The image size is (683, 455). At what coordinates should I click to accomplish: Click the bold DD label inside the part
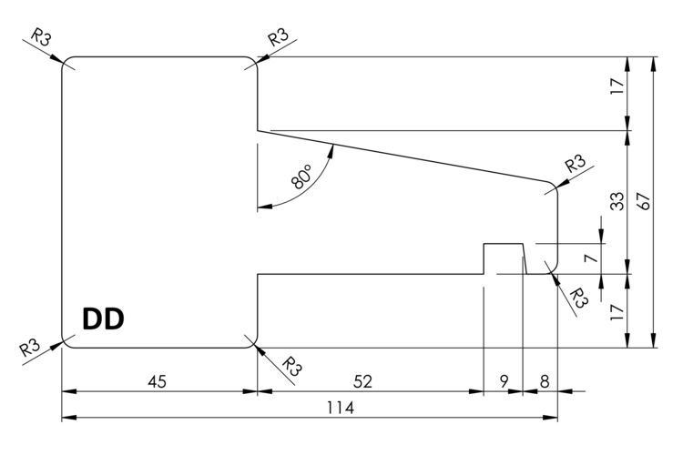tap(103, 319)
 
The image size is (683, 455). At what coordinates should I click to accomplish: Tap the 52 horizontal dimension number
tap(362, 382)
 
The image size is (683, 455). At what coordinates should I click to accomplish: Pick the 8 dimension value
tap(544, 382)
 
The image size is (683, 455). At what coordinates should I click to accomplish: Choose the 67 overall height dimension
tap(645, 201)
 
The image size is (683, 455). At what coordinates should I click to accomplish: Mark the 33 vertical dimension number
tap(617, 201)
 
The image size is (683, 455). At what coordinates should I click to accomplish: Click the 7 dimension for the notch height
tap(590, 258)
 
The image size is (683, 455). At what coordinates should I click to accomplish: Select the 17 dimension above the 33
tap(617, 87)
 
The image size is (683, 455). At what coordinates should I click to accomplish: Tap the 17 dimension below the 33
tap(617, 313)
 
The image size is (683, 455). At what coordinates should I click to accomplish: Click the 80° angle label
tap(302, 176)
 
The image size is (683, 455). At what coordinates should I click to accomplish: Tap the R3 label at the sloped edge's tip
tap(575, 165)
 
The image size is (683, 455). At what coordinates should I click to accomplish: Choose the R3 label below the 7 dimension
tap(577, 297)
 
